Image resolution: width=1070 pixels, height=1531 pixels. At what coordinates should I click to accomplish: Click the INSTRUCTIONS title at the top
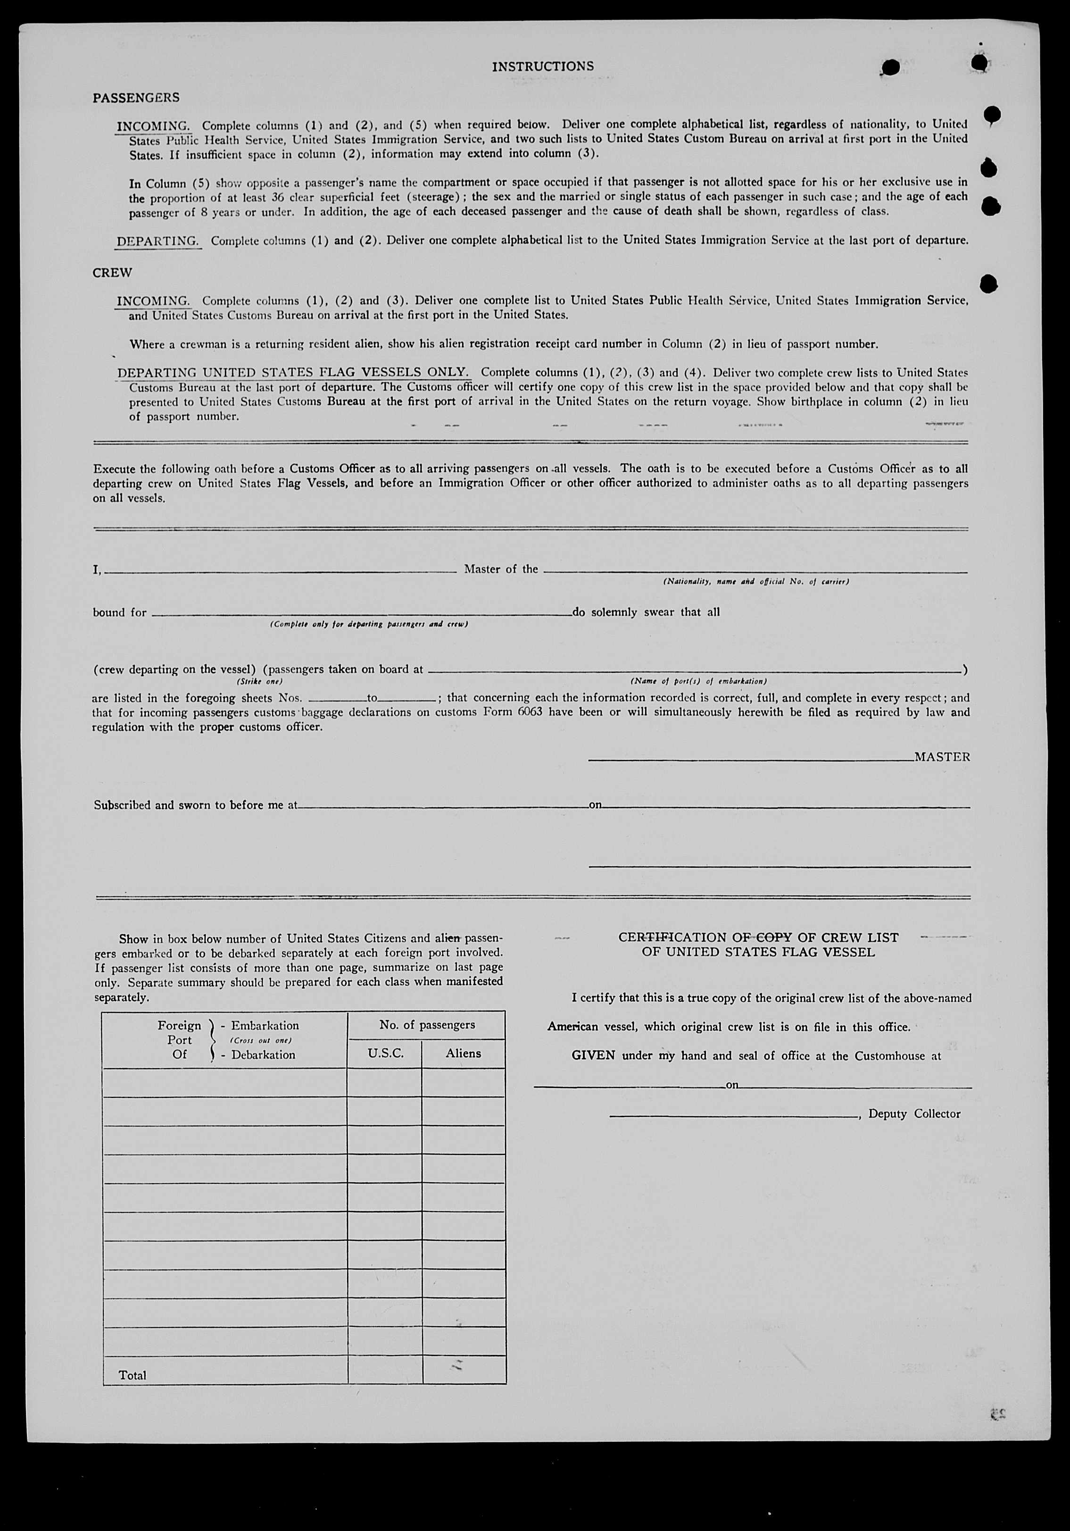543,66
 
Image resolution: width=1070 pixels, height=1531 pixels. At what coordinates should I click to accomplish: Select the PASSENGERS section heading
136,97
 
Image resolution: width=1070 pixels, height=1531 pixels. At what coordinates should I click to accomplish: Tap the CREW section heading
112,273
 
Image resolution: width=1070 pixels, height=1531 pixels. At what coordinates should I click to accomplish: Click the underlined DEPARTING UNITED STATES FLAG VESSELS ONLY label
293,372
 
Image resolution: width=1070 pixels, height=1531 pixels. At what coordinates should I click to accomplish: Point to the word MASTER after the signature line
942,757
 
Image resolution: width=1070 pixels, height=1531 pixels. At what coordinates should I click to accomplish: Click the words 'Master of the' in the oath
501,569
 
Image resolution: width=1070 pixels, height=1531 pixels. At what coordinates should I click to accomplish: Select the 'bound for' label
119,612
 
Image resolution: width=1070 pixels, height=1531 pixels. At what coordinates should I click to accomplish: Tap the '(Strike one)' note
259,681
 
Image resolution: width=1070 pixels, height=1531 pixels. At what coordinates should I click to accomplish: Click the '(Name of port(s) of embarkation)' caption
698,681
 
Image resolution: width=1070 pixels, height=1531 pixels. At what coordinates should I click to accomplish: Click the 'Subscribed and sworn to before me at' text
195,805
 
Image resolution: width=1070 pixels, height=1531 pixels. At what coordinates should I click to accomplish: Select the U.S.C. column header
385,1054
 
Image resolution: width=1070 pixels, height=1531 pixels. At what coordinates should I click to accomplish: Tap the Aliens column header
464,1054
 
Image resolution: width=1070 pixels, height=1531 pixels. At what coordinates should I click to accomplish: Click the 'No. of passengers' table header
427,1025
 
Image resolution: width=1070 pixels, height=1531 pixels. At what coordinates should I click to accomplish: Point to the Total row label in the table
132,1375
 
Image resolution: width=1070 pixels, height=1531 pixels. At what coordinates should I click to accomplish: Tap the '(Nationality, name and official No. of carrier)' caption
755,581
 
